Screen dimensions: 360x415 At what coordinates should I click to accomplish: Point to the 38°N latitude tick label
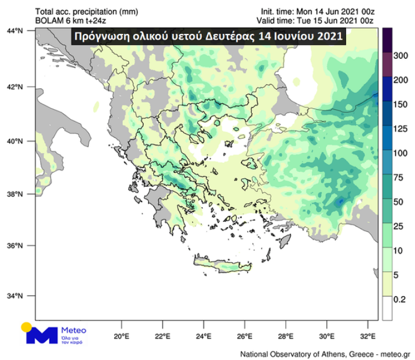pos(21,194)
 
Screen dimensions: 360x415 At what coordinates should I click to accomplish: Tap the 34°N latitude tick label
pos(21,295)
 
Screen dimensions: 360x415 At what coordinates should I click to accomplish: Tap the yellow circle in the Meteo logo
pos(27,327)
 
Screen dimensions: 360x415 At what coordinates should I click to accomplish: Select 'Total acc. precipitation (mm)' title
pos(79,11)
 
